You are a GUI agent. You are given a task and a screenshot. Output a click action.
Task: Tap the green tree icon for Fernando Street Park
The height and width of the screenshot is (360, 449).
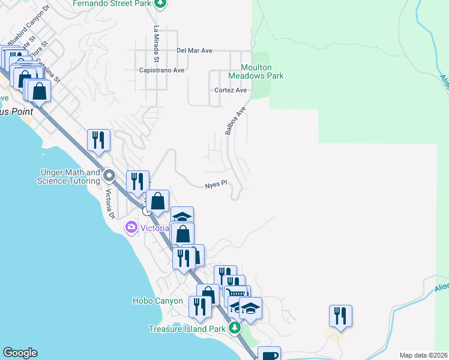point(159,4)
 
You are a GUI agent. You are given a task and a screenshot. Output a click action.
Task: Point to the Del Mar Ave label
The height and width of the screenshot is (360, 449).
point(195,51)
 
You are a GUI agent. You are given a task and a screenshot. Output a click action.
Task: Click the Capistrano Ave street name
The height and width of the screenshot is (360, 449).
point(161,70)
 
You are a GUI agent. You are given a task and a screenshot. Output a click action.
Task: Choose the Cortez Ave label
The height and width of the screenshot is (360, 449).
point(231,91)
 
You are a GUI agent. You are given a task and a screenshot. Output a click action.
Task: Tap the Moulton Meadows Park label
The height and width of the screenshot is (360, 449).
point(255,72)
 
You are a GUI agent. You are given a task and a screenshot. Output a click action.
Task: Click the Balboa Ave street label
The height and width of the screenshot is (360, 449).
point(235,121)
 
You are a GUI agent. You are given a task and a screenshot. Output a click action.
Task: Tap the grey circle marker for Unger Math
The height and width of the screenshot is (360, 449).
point(109,176)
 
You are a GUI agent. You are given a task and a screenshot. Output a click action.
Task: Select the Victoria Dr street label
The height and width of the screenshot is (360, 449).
point(110,204)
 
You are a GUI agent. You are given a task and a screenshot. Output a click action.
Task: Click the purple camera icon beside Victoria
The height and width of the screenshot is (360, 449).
point(131,227)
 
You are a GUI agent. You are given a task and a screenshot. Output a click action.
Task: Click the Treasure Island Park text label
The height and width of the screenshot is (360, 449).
point(187,329)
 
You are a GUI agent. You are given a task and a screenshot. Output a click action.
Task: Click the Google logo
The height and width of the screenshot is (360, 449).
point(20,353)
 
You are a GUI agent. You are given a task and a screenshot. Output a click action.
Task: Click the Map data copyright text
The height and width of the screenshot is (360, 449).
point(423,355)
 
